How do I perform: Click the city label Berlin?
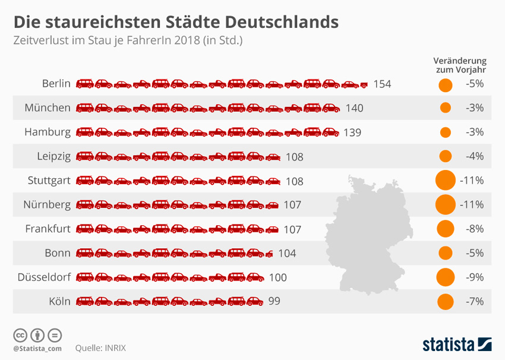[56, 84]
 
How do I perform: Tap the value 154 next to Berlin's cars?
[382, 84]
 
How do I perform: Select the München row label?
[48, 108]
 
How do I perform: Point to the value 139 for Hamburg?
[352, 132]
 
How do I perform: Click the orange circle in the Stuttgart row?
[445, 180]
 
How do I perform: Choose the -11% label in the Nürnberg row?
[472, 205]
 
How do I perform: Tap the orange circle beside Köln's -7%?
[445, 302]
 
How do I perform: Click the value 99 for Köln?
[274, 301]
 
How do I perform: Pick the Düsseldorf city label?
[44, 277]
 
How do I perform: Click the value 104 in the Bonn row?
[287, 253]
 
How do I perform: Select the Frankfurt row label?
[48, 229]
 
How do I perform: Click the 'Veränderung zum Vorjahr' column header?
[460, 65]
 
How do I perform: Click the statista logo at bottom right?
[457, 344]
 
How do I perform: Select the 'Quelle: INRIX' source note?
[100, 348]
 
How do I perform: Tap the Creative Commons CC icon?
[20, 334]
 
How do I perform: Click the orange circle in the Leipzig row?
[445, 156]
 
